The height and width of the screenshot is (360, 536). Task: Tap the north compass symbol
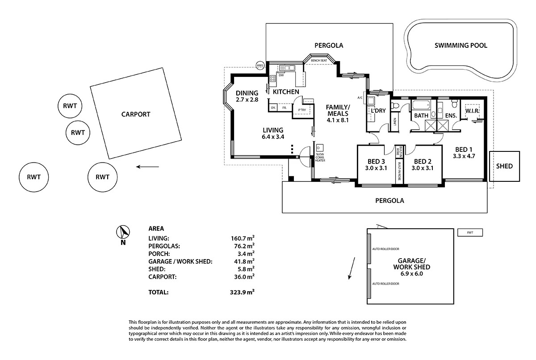point(123,232)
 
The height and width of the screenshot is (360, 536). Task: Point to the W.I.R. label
point(472,110)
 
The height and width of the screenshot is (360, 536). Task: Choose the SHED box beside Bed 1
point(505,166)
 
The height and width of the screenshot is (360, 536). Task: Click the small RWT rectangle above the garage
point(470,232)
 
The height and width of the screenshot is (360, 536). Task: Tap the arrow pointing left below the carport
point(147,167)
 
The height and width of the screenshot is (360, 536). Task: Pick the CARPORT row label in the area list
point(163,277)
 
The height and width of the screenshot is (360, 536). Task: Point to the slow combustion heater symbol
point(320,148)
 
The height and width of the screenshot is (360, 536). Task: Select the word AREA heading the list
point(156,228)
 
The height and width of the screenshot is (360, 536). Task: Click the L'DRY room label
point(378,110)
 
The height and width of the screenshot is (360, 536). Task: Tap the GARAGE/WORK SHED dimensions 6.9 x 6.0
point(411,274)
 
